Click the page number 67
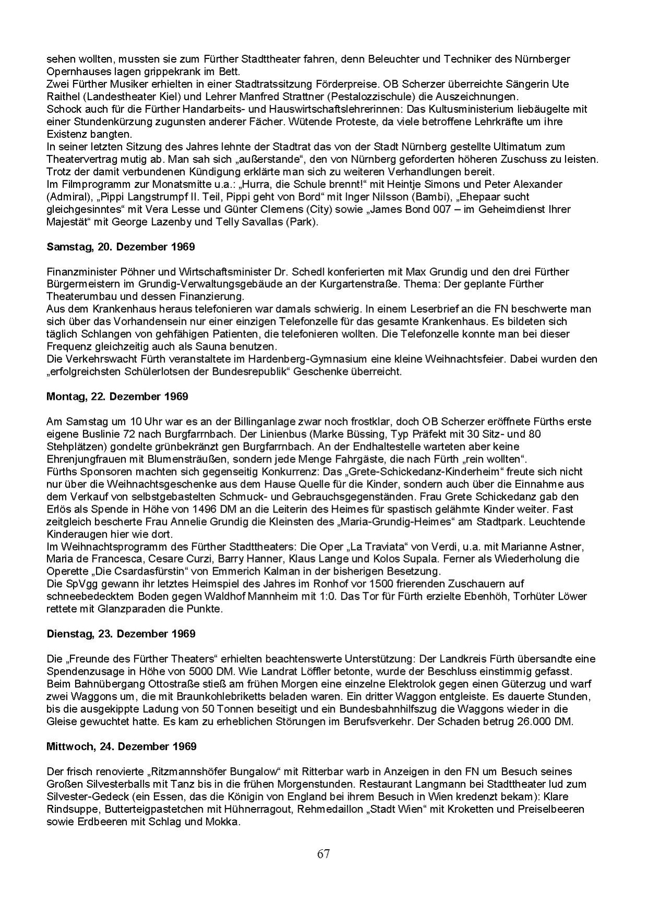pos(323,854)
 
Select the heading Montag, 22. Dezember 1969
pos(117,396)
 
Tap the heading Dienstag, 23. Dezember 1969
pos(122,634)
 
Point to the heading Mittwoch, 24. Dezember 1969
pos(122,746)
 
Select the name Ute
pos(561,84)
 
